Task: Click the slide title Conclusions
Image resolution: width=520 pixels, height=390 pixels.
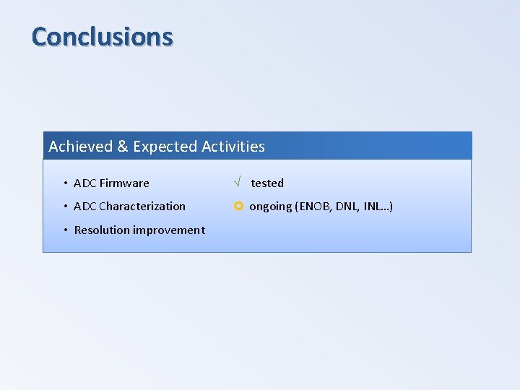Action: tap(103, 36)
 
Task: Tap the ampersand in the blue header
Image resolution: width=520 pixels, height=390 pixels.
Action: tap(122, 147)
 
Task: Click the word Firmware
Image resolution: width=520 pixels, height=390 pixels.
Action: tap(124, 183)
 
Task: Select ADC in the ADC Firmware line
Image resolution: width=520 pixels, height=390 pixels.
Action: tap(84, 183)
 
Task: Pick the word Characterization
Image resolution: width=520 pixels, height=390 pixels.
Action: tap(142, 207)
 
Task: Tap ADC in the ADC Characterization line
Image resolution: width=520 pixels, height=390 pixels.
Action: tap(84, 207)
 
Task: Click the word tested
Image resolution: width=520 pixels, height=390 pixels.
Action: tap(267, 183)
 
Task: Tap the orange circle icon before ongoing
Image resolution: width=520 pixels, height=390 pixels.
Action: tap(238, 207)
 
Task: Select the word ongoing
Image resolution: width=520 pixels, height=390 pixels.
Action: tap(271, 207)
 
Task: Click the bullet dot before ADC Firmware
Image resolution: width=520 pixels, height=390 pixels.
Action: tap(65, 183)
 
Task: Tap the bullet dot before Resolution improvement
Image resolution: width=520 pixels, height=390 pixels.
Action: tap(65, 230)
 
